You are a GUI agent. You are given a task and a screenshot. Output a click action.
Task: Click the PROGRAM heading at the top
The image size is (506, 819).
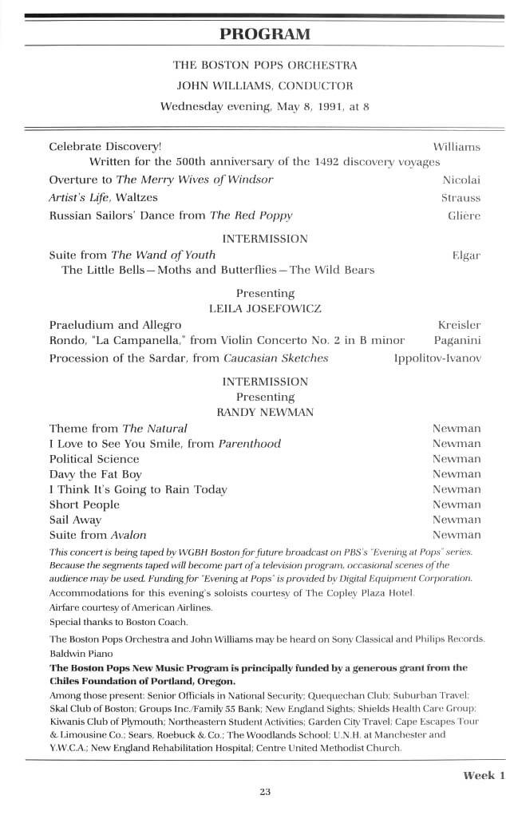click(x=264, y=34)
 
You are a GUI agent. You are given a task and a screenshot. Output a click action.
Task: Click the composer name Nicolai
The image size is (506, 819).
click(x=461, y=180)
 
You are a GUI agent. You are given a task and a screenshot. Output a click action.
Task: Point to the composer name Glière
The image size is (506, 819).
click(x=464, y=216)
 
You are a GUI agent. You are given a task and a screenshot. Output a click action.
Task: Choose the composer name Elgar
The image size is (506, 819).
click(x=466, y=255)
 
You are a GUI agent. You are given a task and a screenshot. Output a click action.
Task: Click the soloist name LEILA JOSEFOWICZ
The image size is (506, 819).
click(x=265, y=308)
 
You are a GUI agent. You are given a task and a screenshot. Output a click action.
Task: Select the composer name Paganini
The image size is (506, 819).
click(x=457, y=341)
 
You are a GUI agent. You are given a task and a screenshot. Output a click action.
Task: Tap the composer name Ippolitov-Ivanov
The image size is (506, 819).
click(x=437, y=358)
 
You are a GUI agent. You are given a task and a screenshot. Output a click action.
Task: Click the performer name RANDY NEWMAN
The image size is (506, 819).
click(x=265, y=412)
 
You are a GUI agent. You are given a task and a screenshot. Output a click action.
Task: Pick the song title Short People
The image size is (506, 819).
click(x=85, y=504)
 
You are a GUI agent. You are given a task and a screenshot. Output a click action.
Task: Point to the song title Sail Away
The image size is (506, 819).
click(x=76, y=520)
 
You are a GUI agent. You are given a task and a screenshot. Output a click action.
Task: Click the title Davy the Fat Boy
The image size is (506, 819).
click(x=96, y=474)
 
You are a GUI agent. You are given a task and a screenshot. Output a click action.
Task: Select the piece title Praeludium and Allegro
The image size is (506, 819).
click(x=115, y=325)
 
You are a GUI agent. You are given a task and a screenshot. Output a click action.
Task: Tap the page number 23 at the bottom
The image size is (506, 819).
click(x=265, y=792)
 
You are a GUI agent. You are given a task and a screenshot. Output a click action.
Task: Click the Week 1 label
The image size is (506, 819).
click(x=484, y=775)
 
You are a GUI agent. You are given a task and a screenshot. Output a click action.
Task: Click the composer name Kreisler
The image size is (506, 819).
click(x=459, y=325)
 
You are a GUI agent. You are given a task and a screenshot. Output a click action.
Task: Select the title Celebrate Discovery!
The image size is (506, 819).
click(x=105, y=147)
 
